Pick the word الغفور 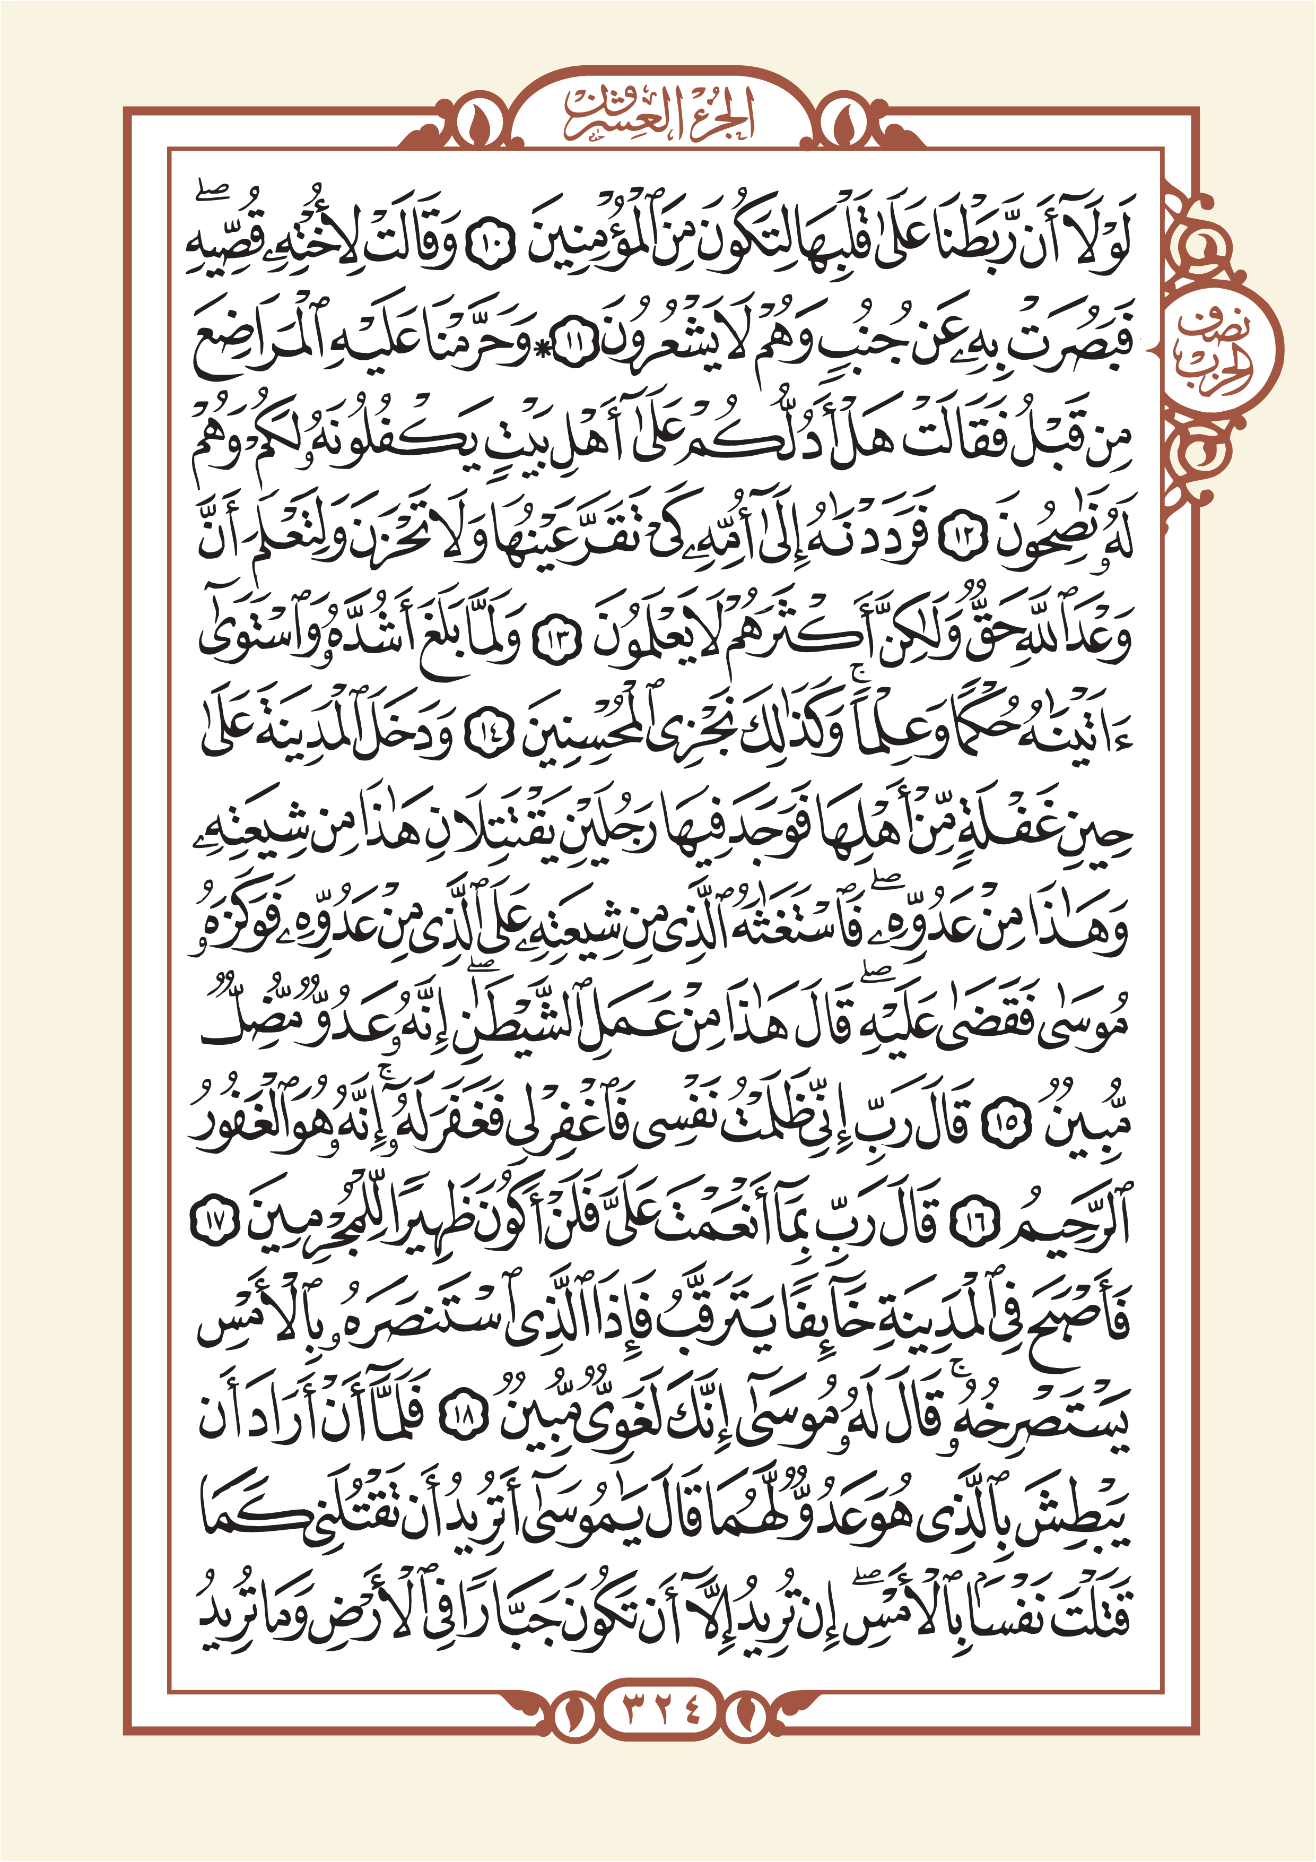click(x=251, y=1123)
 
